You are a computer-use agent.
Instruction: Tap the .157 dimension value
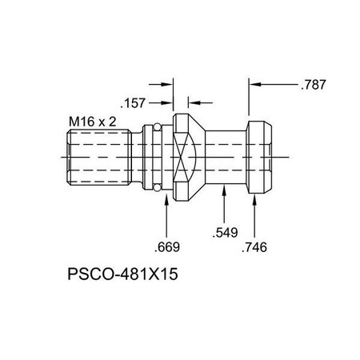tap(133, 102)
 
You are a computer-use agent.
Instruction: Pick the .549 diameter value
tap(225, 234)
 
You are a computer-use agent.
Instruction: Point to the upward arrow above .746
tap(254, 206)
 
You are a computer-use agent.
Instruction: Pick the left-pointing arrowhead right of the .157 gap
tap(191, 102)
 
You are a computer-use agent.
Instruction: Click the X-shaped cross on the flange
tap(185, 158)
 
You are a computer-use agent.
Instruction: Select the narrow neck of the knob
tap(226, 158)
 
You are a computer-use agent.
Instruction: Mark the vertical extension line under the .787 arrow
tap(249, 100)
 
